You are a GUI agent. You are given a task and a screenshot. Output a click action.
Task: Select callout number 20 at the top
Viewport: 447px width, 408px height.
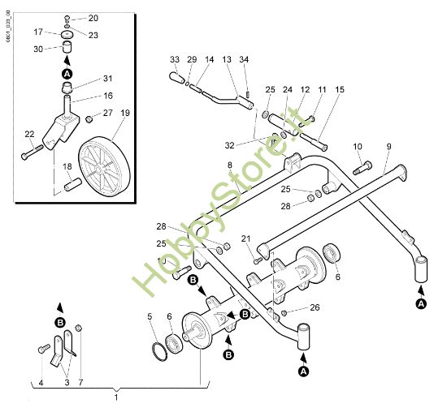93,18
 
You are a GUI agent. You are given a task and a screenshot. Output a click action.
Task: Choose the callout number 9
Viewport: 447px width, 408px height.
388,145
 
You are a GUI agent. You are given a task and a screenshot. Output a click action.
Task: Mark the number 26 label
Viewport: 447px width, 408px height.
315,307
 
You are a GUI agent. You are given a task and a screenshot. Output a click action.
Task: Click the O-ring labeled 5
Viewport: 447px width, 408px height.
160,350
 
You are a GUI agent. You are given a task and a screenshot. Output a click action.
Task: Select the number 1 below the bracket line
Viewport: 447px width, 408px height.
115,397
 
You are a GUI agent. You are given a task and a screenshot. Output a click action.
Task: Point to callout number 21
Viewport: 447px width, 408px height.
245,238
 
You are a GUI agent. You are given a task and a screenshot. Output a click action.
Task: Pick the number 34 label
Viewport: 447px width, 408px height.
245,59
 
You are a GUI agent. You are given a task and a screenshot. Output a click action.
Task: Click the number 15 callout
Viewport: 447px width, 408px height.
339,88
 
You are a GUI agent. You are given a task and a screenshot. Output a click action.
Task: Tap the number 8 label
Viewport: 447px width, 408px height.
230,166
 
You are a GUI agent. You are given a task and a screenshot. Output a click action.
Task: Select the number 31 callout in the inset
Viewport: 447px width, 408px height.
108,79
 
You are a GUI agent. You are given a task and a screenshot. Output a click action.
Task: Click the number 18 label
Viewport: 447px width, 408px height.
67,166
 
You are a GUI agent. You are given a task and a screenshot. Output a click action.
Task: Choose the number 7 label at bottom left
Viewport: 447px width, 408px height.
80,381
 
